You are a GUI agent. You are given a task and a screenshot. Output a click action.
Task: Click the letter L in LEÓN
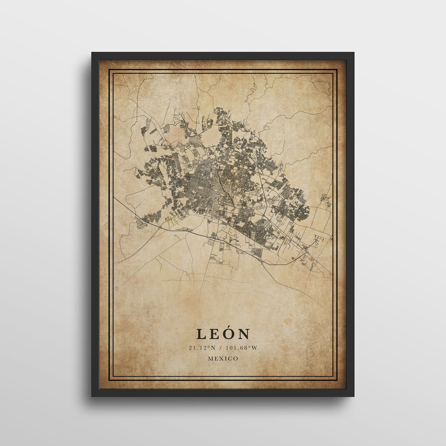(x=201, y=334)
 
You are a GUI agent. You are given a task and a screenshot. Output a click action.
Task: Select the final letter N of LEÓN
(x=244, y=334)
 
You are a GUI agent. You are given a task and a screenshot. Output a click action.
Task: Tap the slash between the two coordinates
(x=221, y=348)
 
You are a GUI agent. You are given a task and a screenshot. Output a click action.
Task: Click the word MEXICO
(x=223, y=358)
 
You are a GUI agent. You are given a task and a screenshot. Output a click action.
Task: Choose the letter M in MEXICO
(x=211, y=358)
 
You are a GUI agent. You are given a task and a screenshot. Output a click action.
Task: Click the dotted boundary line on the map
(x=130, y=136)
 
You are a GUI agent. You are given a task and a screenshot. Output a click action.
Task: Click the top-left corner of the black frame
(x=93, y=53)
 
